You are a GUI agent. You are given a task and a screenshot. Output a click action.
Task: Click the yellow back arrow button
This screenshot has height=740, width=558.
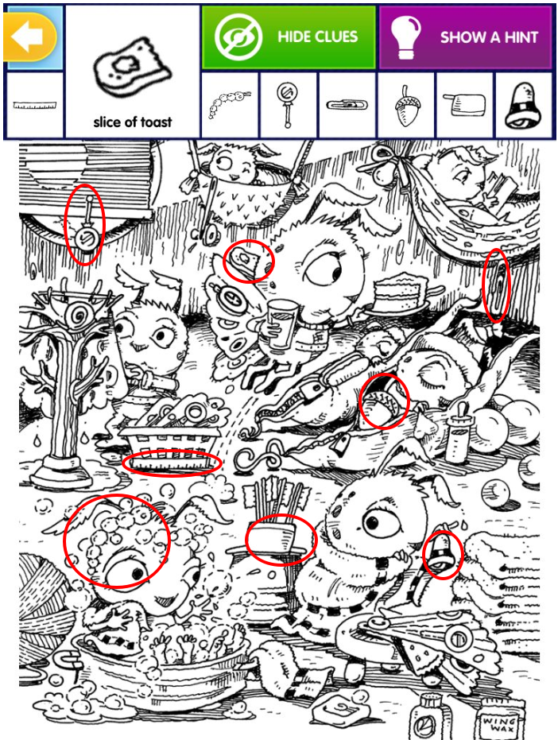point(30,37)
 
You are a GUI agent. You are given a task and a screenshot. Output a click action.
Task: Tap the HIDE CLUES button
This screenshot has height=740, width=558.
point(289,37)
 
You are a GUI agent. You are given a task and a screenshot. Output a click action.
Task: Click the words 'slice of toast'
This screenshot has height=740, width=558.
point(133,122)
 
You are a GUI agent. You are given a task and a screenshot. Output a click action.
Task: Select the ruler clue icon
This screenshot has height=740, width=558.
point(34,105)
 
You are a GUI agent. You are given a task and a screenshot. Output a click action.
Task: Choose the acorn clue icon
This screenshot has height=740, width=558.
point(405,106)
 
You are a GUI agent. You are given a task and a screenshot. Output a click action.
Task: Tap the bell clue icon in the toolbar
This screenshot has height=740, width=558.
point(523,106)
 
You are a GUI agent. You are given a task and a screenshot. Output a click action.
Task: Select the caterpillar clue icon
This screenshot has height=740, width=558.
point(227,105)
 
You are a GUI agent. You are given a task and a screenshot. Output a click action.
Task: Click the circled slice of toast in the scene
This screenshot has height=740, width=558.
point(246,260)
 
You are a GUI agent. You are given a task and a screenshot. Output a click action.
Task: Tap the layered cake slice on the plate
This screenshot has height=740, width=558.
point(401,293)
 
